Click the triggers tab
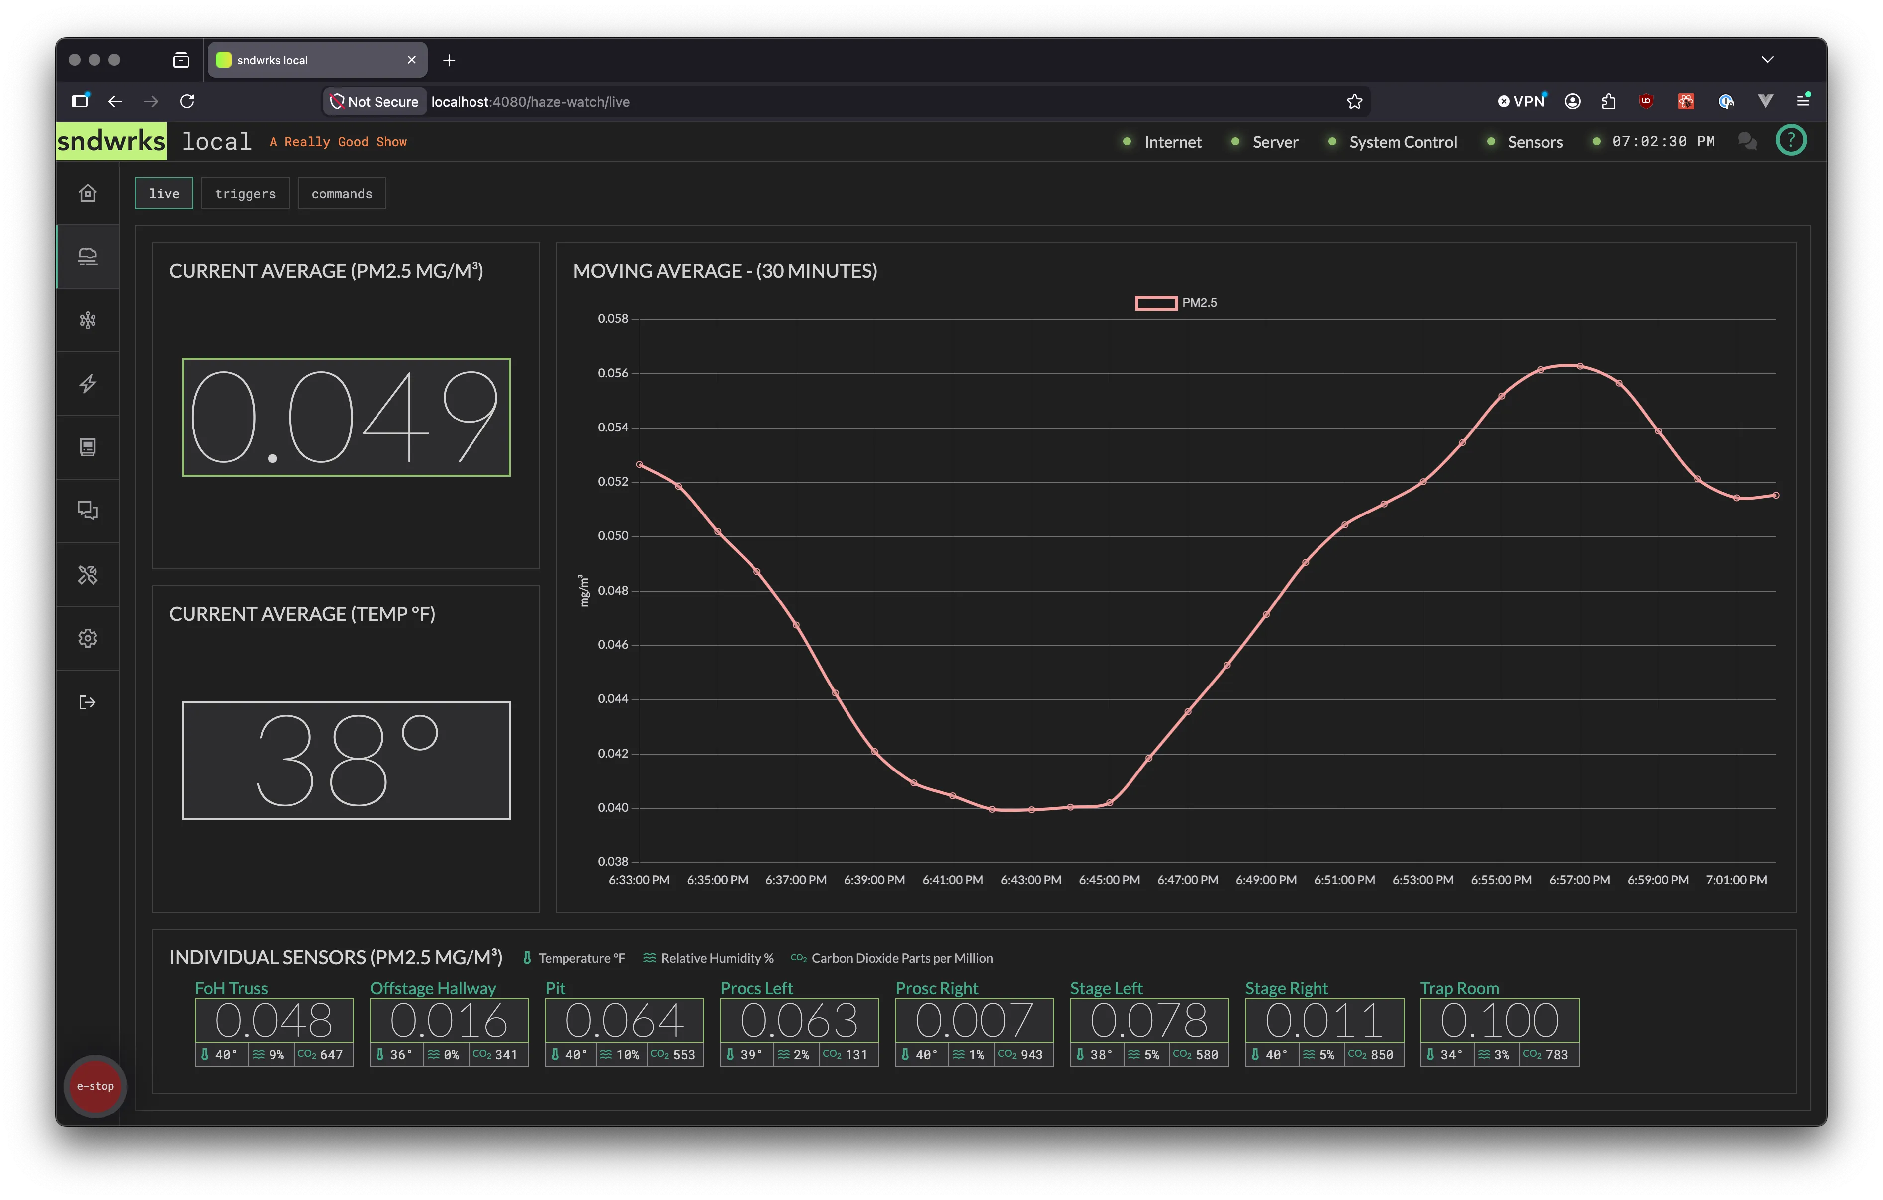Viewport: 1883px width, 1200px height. click(246, 194)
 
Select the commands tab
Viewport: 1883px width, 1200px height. click(342, 194)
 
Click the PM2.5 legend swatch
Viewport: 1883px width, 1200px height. click(1156, 303)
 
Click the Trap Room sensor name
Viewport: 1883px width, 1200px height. click(1459, 988)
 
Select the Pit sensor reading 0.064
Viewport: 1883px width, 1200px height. click(624, 1020)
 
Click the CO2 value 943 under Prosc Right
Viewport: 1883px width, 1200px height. click(1032, 1054)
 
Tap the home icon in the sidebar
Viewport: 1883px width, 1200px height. click(88, 193)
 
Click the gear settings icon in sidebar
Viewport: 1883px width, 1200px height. click(88, 638)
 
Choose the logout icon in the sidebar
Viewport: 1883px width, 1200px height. click(88, 702)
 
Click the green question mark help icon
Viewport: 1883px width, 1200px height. click(1790, 141)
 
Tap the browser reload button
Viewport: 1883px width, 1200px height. click(187, 101)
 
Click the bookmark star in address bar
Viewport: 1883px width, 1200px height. click(1354, 101)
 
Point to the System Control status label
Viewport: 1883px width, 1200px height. click(1403, 142)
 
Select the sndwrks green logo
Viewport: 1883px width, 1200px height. click(111, 141)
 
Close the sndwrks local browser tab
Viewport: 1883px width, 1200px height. click(411, 60)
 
